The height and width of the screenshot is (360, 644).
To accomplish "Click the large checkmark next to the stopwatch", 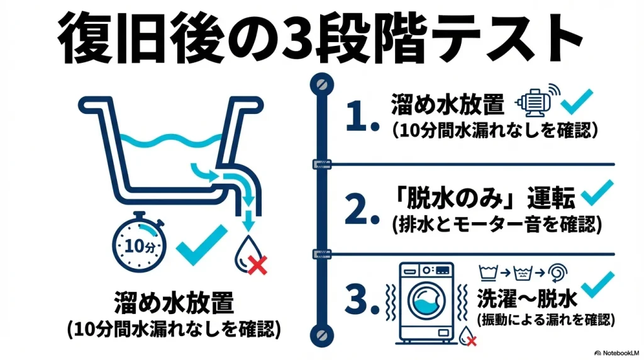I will pos(201,245).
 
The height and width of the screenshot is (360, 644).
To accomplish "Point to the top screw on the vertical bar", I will pos(322,83).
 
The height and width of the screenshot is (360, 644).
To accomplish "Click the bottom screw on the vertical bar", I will pos(322,333).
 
